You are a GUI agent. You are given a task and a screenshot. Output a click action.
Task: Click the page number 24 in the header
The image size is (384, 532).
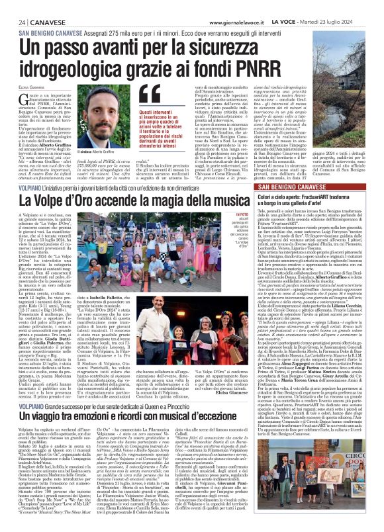click(13, 22)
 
